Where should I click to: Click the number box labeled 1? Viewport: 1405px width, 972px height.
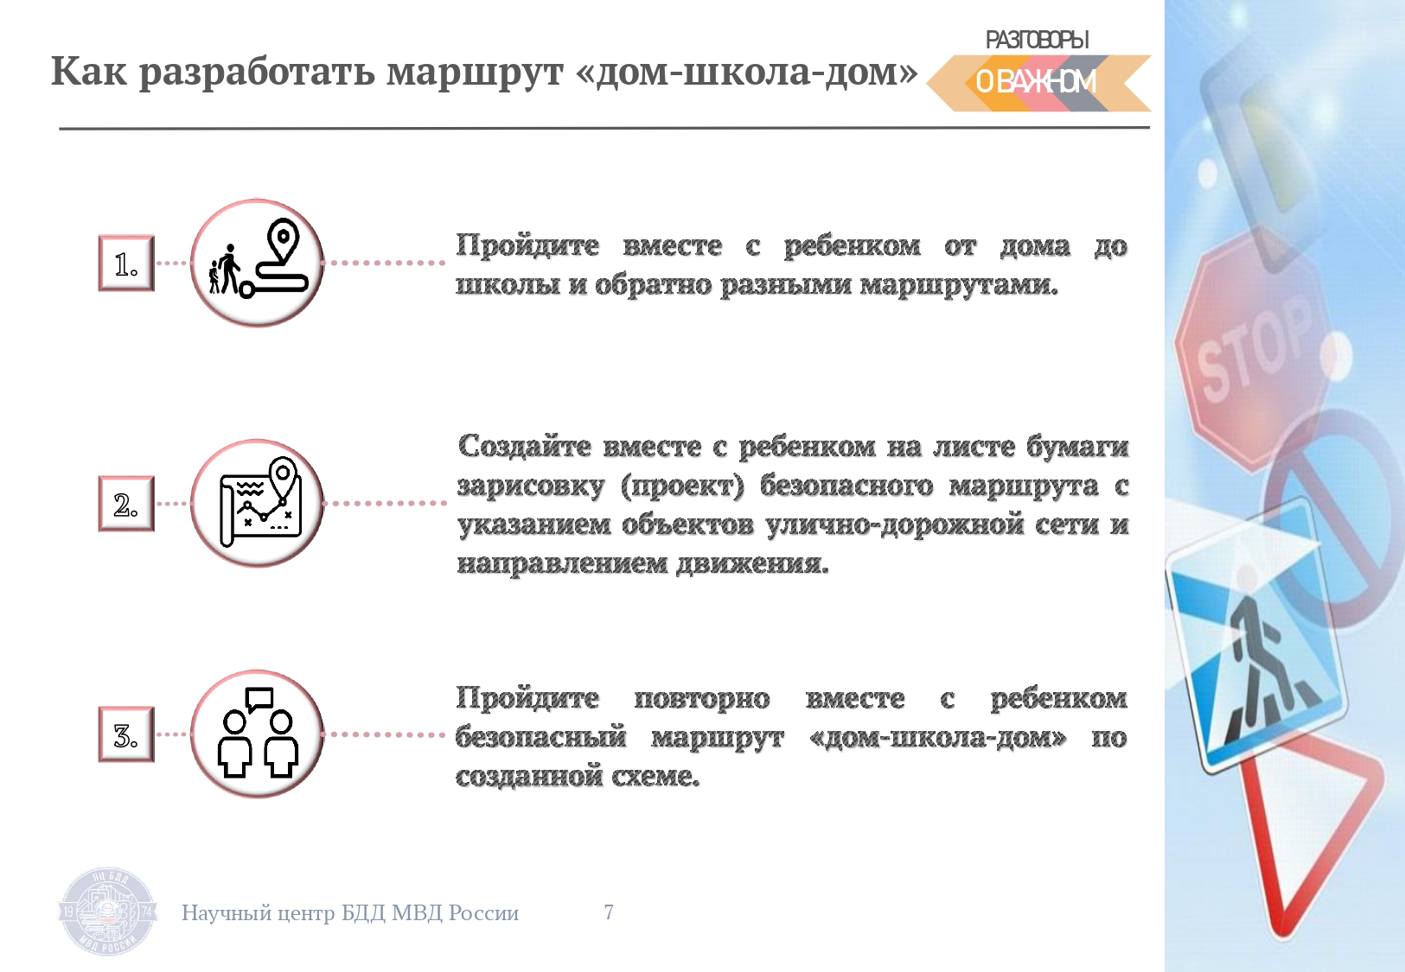click(x=126, y=264)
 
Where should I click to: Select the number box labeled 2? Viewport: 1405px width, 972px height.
click(x=126, y=504)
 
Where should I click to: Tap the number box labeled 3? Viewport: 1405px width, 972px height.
click(x=126, y=734)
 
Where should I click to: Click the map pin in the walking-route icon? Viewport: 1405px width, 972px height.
click(x=283, y=241)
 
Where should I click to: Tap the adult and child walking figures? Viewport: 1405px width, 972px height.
click(x=224, y=270)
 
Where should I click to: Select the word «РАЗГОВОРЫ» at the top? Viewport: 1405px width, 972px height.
click(x=1037, y=40)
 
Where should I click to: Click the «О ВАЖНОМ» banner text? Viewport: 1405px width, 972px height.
click(x=1036, y=82)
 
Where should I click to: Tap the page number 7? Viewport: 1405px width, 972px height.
click(x=609, y=912)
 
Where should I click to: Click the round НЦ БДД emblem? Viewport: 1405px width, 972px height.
click(x=107, y=912)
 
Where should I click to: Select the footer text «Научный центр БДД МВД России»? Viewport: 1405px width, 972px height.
click(x=350, y=913)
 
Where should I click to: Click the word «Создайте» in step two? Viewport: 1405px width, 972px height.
click(x=524, y=447)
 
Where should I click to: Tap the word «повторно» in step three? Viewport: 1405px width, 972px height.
click(x=701, y=699)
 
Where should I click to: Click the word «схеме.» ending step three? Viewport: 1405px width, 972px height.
click(x=655, y=777)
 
